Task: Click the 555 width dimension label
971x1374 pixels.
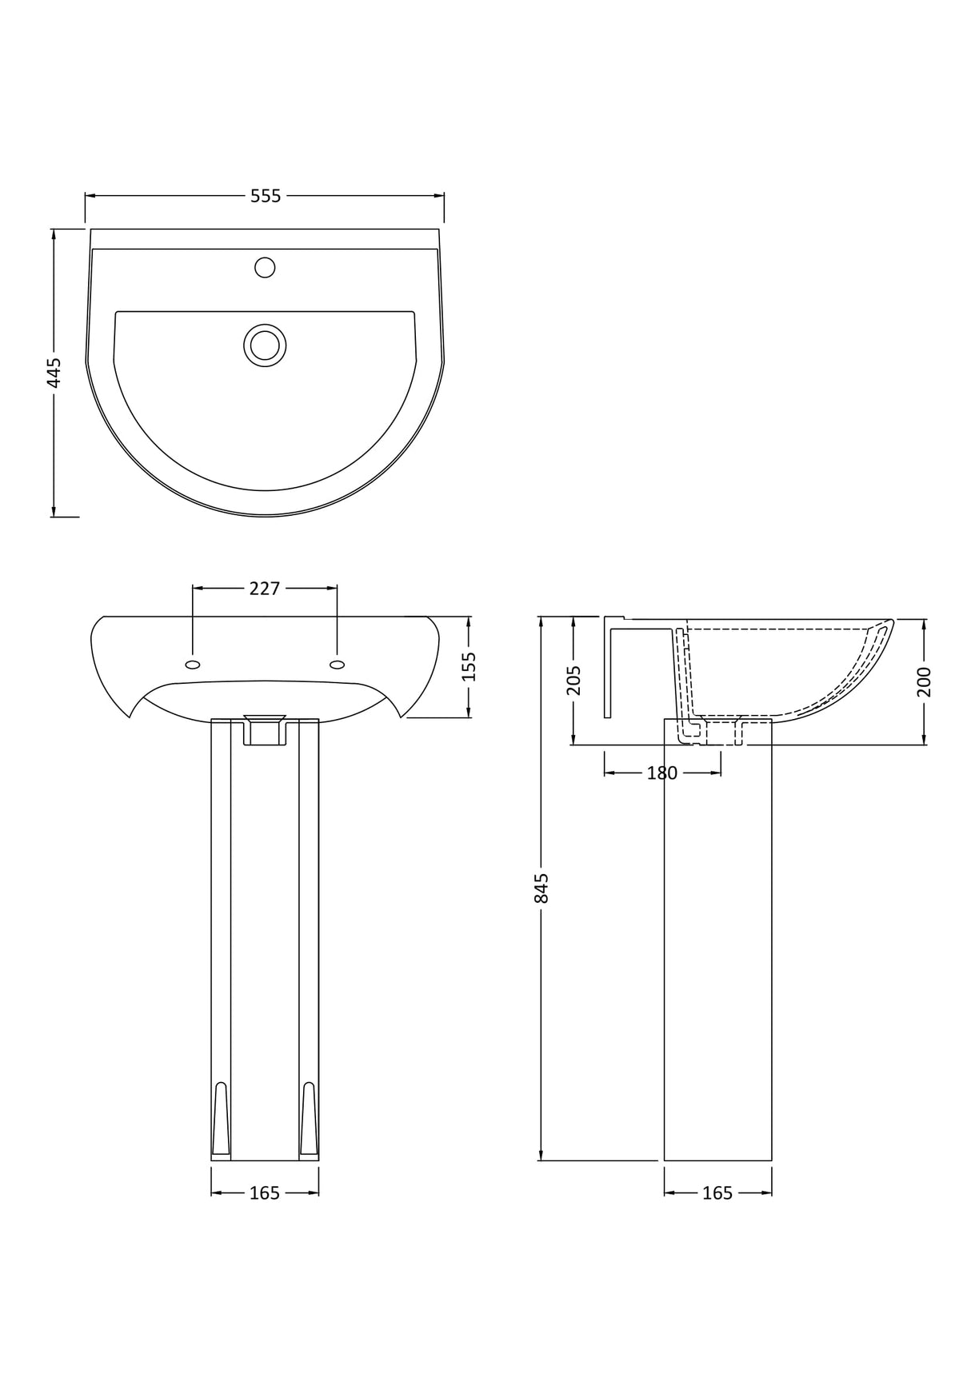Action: (x=266, y=196)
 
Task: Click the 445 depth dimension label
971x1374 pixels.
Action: (x=54, y=373)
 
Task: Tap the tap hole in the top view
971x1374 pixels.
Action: (x=265, y=267)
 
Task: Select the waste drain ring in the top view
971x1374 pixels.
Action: (x=265, y=345)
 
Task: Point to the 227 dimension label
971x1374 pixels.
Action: (x=265, y=589)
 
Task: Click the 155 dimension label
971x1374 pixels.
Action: (x=470, y=666)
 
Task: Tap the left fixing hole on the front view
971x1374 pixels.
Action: (x=193, y=664)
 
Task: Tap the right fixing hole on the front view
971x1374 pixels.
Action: (x=337, y=664)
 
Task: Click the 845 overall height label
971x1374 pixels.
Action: (x=541, y=888)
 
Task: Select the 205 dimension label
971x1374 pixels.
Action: (x=573, y=681)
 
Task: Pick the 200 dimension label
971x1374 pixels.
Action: (x=925, y=681)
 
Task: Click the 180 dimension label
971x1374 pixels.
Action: (x=662, y=773)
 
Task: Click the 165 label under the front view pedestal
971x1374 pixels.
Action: (x=265, y=1193)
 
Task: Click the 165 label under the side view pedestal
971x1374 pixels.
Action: (x=717, y=1193)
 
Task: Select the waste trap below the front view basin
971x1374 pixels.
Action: (x=265, y=729)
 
